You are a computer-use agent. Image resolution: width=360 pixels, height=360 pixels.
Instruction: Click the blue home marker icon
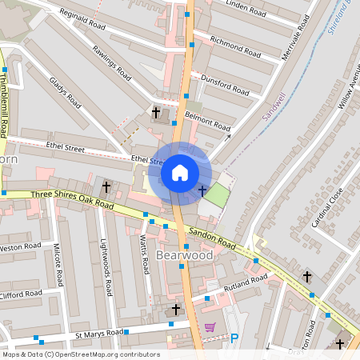coord(180,173)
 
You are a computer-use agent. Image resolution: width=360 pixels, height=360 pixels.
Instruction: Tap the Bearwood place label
coord(185,255)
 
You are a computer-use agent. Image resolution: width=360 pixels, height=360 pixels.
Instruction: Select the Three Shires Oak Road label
coord(68,198)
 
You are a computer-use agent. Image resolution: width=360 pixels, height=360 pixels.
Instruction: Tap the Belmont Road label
coord(207,122)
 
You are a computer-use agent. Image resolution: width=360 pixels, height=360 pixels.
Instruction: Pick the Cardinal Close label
coord(326,206)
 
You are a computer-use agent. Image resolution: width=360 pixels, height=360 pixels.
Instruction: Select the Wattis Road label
coord(144,254)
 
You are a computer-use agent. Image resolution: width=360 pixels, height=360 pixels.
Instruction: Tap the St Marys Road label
coord(99,332)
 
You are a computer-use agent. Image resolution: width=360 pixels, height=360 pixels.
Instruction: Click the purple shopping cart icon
coord(210,326)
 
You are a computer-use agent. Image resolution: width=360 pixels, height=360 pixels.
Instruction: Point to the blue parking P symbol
coord(234,338)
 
